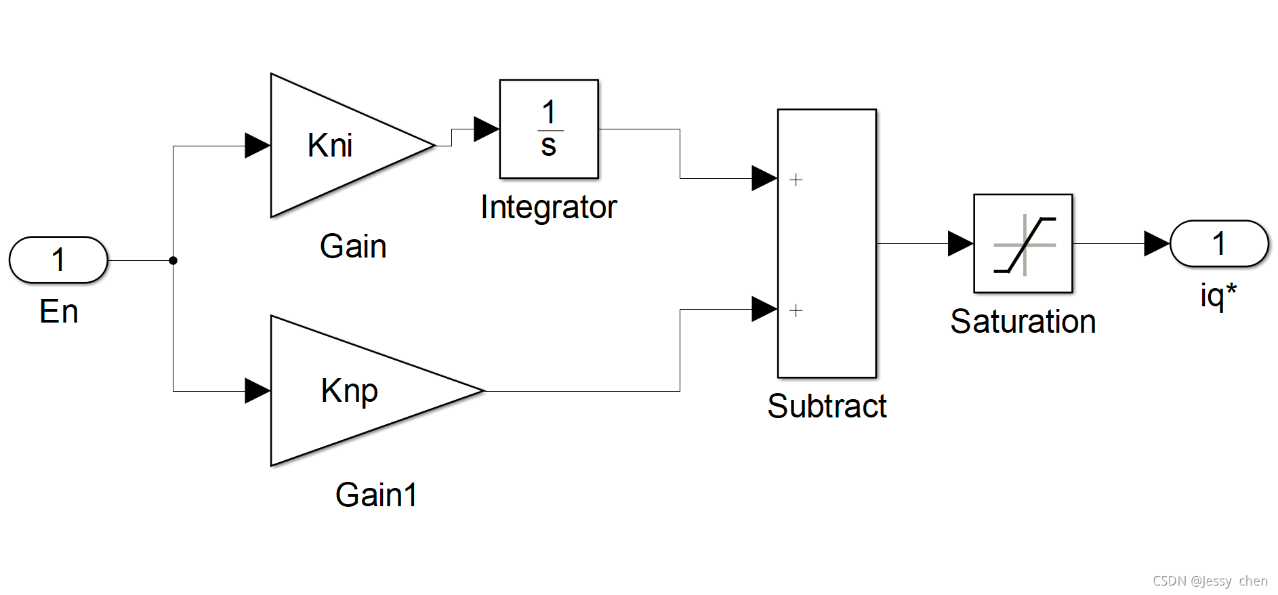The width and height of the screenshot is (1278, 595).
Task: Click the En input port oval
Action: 58,260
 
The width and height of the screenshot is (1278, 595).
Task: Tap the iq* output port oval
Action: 1219,243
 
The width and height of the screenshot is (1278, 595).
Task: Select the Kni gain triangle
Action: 352,145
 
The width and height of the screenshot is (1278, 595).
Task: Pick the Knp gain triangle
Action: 377,391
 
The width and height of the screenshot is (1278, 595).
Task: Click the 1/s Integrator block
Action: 549,129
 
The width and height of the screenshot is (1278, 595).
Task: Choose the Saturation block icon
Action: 1023,243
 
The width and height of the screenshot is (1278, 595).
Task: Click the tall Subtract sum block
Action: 827,243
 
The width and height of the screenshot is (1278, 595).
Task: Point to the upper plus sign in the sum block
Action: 796,180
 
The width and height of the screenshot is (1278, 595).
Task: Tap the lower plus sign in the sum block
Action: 796,310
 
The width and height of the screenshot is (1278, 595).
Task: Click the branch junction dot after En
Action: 173,260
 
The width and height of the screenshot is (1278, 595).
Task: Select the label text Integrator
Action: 549,207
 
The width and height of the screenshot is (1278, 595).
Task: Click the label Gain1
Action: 376,495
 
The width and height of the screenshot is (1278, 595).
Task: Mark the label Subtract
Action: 827,407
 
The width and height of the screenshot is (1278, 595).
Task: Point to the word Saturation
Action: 1023,321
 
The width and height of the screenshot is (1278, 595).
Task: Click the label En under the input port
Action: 59,312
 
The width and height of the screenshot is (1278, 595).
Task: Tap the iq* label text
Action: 1218,296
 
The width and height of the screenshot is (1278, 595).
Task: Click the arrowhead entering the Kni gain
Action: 257,146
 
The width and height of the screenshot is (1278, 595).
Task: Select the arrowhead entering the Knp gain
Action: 257,391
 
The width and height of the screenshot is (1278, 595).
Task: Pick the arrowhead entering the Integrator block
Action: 487,129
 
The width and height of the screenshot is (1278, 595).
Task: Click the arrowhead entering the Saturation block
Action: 961,243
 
